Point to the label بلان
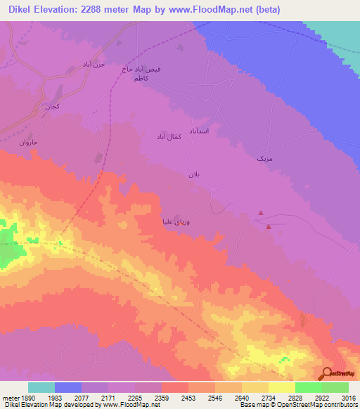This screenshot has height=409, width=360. pyautogui.click(x=195, y=174)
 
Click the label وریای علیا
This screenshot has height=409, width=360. pyautogui.click(x=176, y=220)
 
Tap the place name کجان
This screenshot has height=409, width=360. pyautogui.click(x=53, y=108)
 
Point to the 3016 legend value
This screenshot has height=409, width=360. pyautogui.click(x=348, y=397)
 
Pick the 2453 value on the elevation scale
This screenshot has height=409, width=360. pyautogui.click(x=188, y=397)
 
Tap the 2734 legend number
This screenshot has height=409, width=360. pyautogui.click(x=268, y=397)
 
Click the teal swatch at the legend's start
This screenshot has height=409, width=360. pyautogui.click(x=41, y=387)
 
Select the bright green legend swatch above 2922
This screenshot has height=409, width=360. pyautogui.click(x=309, y=387)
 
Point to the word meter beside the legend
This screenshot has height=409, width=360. pyautogui.click(x=8, y=397)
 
